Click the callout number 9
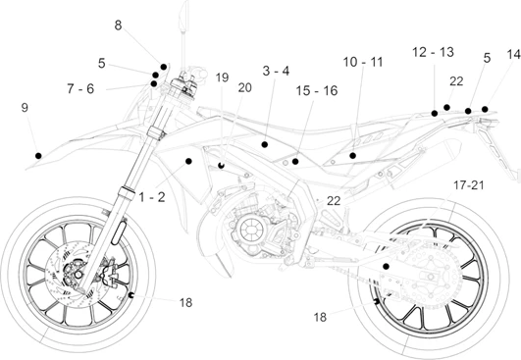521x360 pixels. [25, 108]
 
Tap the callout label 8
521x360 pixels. [119, 26]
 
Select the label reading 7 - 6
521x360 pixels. [80, 88]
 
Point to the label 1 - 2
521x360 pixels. [152, 197]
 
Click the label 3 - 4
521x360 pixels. [276, 71]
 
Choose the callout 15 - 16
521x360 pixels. [317, 90]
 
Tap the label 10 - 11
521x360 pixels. [363, 62]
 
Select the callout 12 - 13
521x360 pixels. [433, 52]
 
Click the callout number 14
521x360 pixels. [514, 55]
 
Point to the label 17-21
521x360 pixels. [469, 185]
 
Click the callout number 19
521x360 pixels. [223, 77]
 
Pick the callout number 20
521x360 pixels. [245, 87]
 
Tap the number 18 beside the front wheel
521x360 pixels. [185, 302]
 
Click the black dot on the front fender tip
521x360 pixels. [38, 155]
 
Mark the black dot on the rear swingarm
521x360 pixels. [386, 267]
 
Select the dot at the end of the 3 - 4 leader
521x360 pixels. [265, 144]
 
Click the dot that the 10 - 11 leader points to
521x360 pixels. [353, 155]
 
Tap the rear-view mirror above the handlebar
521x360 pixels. [183, 16]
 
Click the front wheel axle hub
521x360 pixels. [78, 275]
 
